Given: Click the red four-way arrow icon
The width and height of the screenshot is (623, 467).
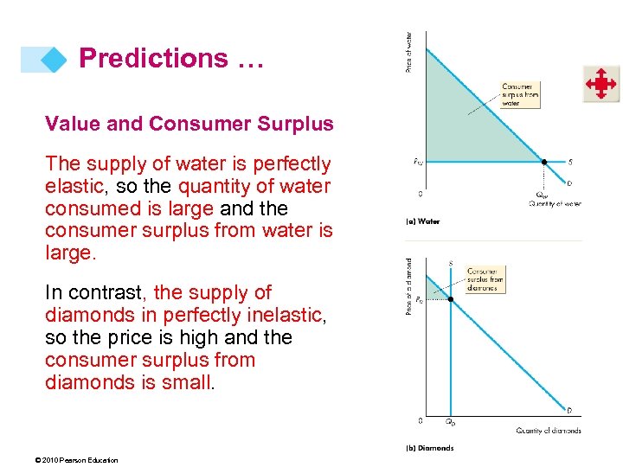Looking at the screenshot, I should pos(600,84).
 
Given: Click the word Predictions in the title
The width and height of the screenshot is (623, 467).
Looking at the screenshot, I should pos(153,59).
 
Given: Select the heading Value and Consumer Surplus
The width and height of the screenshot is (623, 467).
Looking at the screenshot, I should pos(189,124).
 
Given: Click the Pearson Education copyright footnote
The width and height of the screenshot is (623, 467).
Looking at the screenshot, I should pos(66,460).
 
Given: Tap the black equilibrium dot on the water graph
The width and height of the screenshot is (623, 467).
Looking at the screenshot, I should pos(544,162).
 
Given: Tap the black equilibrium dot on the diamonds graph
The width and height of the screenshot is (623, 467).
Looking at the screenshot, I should pos(450,300).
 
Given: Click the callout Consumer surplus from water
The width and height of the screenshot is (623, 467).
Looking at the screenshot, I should pos(520,94).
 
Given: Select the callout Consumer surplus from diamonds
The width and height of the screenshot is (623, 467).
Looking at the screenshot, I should pos(484,279).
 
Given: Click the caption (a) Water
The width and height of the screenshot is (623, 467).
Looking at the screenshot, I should pos(423,221).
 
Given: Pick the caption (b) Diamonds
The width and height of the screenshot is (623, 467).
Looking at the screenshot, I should pos(429,448).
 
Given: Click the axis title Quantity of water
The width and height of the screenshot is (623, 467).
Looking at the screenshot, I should pos(555,203).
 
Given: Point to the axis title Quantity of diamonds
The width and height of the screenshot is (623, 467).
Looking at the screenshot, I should pos(549,430).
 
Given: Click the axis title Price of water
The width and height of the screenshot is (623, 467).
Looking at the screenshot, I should pos(409,52).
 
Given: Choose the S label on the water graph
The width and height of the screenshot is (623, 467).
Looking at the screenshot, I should pos(568,162).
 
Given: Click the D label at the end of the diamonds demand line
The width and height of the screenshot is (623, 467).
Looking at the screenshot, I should pos(568,409).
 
